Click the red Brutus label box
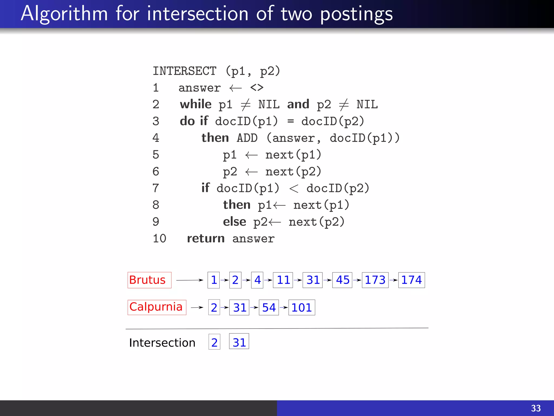point(149,280)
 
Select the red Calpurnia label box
point(157,307)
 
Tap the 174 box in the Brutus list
point(411,280)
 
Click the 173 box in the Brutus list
point(375,280)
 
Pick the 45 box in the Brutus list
point(342,280)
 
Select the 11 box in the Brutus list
point(283,280)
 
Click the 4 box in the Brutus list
point(257,280)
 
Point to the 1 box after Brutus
point(214,280)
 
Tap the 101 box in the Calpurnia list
point(302,308)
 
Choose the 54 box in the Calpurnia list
point(269,308)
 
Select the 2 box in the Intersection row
point(214,342)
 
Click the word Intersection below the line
point(162,343)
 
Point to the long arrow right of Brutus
point(189,280)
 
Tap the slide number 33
point(536,408)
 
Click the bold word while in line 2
point(196,104)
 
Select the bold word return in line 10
point(206,239)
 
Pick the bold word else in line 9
point(234,222)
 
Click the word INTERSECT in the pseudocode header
point(184,71)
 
